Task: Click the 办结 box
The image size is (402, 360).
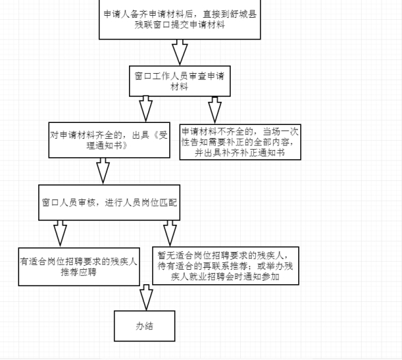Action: pyautogui.click(x=145, y=326)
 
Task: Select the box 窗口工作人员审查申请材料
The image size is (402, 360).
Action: pyautogui.click(x=180, y=81)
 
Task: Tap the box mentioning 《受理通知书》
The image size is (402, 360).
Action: pyautogui.click(x=109, y=140)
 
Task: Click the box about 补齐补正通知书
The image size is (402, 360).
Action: pyautogui.click(x=240, y=142)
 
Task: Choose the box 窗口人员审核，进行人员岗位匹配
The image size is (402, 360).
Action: pyautogui.click(x=109, y=202)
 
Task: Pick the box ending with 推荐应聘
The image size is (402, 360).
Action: pyautogui.click(x=79, y=266)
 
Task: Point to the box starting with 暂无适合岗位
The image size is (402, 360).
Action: pyautogui.click(x=226, y=266)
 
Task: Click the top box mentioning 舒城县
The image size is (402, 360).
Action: pyautogui.click(x=180, y=19)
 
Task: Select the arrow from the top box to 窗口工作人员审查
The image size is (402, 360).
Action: pyautogui.click(x=180, y=53)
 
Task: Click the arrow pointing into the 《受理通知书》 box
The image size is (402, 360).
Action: pyautogui.click(x=146, y=109)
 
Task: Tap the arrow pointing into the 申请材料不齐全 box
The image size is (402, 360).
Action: pyautogui.click(x=215, y=111)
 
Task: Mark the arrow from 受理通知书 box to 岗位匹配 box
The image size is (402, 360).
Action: pyautogui.click(x=103, y=171)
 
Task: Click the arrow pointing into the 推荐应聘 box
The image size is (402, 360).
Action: pyautogui.click(x=60, y=234)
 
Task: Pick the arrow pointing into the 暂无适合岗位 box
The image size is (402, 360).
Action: pyautogui.click(x=170, y=233)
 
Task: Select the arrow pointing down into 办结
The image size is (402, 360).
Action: pyautogui.click(x=146, y=298)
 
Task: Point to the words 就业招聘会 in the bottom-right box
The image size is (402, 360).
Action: pyautogui.click(x=211, y=277)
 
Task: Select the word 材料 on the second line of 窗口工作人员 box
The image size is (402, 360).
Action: pyautogui.click(x=180, y=87)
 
